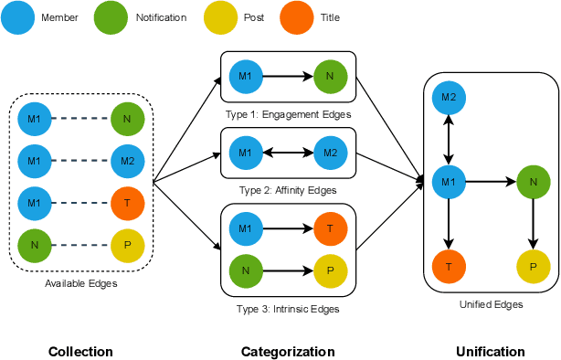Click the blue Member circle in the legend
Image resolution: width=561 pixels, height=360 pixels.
(x=19, y=17)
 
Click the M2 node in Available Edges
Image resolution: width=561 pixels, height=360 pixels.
(x=128, y=161)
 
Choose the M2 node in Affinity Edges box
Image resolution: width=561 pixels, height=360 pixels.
(x=329, y=153)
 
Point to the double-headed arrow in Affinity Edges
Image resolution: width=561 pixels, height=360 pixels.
(x=287, y=153)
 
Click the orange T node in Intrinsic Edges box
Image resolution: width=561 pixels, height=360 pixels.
(x=329, y=228)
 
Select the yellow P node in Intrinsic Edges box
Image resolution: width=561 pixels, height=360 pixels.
(x=329, y=270)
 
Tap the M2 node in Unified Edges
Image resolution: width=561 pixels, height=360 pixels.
(x=449, y=98)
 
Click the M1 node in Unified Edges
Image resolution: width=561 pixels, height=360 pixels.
(x=449, y=183)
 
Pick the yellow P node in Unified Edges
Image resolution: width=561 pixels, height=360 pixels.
(x=534, y=266)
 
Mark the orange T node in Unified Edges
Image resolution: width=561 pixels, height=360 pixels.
(x=449, y=266)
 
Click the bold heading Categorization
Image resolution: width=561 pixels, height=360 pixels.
(x=288, y=352)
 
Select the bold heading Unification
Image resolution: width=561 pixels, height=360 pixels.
(x=491, y=352)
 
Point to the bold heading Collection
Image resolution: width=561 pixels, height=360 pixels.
(x=80, y=352)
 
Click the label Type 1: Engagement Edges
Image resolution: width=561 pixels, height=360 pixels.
(x=288, y=114)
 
